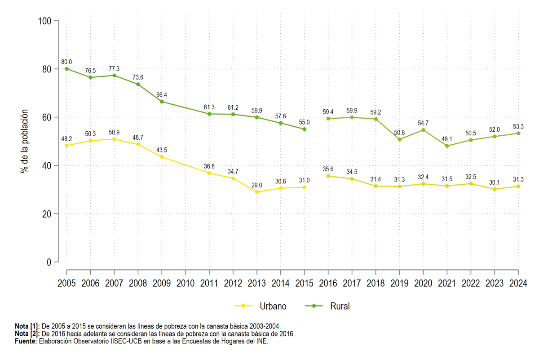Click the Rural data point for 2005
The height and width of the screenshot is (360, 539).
point(66,69)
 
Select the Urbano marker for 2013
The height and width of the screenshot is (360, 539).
point(257,192)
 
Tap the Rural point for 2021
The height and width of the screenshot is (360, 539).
point(447,146)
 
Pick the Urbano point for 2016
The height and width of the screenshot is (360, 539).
point(328,176)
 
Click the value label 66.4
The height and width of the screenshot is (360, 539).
point(161,95)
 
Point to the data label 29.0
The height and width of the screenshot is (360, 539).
point(256,186)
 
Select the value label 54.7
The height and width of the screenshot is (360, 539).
point(423,123)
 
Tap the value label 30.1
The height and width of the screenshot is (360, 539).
point(494,183)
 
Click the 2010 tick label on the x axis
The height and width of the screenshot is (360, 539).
point(185,284)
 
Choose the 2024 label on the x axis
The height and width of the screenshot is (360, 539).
point(518,284)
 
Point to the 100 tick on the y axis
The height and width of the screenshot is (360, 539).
point(45,21)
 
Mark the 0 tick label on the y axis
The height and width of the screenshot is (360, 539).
point(49,262)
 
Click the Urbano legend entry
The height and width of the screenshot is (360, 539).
point(261,307)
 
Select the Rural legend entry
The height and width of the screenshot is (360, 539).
point(327,307)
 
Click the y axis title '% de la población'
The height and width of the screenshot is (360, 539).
point(24,142)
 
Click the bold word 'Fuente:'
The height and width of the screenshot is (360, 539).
point(26,341)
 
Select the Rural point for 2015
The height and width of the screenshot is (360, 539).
point(304,129)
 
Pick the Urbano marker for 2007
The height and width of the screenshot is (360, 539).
point(114,139)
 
